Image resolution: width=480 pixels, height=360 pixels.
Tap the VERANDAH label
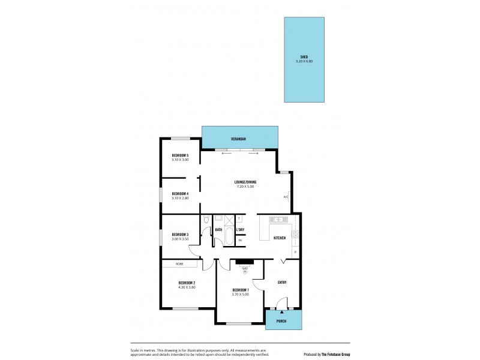coord(239,140)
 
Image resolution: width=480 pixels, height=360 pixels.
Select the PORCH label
coord(281,321)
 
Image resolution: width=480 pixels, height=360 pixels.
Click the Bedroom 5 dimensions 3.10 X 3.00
coord(180,160)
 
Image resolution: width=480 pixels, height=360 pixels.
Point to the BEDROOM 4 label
coord(180,193)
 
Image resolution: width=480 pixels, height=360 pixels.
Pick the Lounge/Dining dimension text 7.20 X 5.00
coord(245,187)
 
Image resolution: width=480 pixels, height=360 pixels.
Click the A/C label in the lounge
coord(286,197)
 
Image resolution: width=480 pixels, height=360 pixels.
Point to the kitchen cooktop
coord(295,235)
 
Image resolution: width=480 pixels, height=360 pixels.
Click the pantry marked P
coord(295,253)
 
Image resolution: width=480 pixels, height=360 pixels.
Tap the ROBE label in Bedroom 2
coord(179,264)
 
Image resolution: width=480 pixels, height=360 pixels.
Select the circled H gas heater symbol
coord(245,271)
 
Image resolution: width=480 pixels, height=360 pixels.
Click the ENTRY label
coord(282,282)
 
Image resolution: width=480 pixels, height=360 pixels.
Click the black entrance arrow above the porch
coord(281,312)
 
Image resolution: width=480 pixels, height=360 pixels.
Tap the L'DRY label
coord(240,229)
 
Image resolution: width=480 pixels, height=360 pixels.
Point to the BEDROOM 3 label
coord(180,235)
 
